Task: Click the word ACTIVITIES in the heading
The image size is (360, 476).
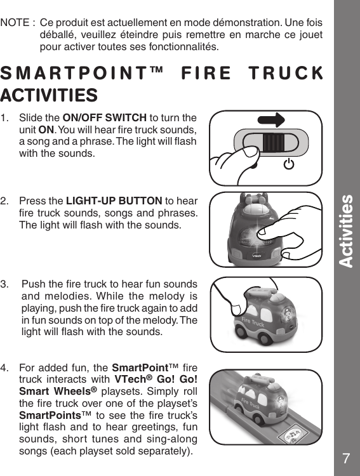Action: pos(49,95)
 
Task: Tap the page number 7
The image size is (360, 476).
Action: pos(346,459)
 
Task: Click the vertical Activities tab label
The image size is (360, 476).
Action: pos(346,231)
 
